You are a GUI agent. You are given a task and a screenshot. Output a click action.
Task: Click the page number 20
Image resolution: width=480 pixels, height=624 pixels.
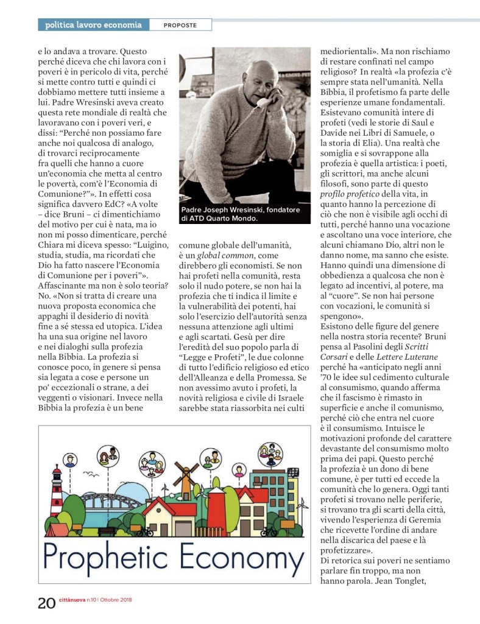(46, 603)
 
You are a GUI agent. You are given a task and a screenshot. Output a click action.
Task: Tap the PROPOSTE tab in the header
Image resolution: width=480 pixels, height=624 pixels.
(180, 25)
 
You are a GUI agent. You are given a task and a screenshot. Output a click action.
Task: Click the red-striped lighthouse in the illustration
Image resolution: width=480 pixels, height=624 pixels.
(57, 493)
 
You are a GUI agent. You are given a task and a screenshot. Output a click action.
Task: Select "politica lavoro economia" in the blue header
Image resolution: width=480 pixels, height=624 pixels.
(93, 25)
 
